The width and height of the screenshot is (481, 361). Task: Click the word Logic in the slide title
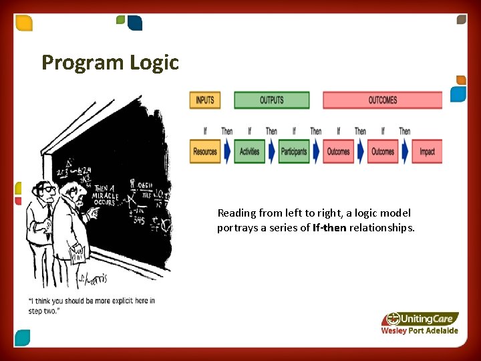pos(154,63)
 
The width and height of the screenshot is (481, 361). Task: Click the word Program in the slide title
pos(83,63)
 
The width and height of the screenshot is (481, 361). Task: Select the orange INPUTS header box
pos(205,100)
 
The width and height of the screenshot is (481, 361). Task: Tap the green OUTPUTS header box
pos(271,100)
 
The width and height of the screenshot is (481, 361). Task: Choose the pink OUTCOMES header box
pos(382,100)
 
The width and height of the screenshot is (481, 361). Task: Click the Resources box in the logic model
pos(205,152)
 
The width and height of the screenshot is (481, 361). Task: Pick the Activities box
pos(249,152)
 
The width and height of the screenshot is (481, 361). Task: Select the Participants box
pos(294,152)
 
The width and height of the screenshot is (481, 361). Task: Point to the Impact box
pos(427,152)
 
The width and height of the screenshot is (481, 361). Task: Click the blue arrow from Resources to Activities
pos(227,152)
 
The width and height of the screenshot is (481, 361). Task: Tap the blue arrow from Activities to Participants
pos(271,152)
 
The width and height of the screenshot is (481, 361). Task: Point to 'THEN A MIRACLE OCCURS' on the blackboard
pos(106,194)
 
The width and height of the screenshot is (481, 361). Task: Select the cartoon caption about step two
pos(91,306)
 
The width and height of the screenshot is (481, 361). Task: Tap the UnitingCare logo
pos(420,319)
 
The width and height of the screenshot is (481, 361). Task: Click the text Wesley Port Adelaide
pos(419,331)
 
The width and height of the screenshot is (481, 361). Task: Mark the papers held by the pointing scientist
pos(77,253)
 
